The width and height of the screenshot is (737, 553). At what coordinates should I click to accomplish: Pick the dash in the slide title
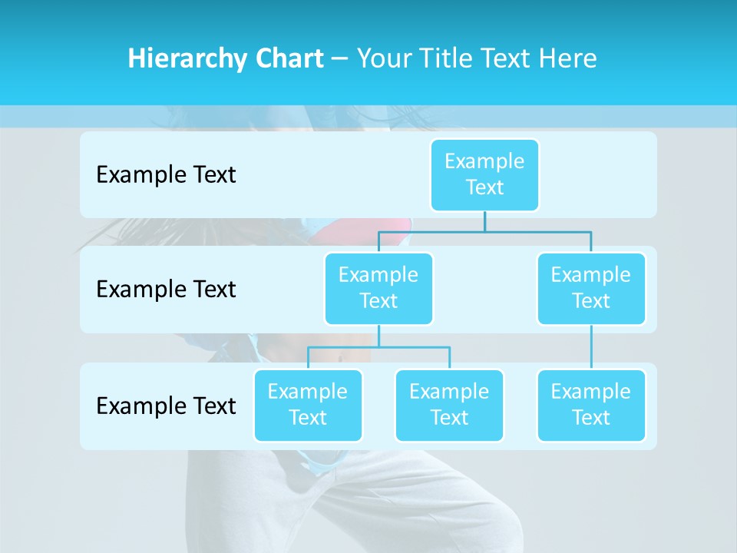[x=340, y=58]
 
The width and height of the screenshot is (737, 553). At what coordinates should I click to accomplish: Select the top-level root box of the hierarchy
[x=484, y=174]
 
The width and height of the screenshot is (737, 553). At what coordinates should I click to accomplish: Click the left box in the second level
[x=378, y=288]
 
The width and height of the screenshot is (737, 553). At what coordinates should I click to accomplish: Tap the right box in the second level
[x=591, y=288]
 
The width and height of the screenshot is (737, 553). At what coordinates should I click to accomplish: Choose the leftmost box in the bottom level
[x=308, y=405]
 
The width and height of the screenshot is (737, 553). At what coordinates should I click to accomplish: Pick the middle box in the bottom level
[x=449, y=405]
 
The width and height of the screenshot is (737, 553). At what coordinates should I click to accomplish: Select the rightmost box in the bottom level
[x=591, y=405]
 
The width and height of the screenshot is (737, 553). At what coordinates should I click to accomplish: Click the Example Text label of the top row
[x=166, y=174]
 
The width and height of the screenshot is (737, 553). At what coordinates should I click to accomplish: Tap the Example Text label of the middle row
[x=166, y=289]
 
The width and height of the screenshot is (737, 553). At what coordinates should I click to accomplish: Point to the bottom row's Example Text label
[x=166, y=406]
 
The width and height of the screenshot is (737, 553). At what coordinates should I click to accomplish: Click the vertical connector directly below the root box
[x=484, y=221]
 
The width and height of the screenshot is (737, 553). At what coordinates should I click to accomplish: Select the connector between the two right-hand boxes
[x=591, y=347]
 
